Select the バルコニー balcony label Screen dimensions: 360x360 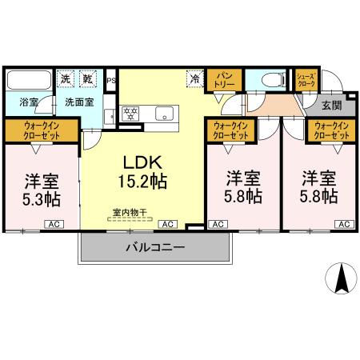tap(155, 248)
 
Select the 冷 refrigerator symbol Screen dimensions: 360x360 tap(194, 79)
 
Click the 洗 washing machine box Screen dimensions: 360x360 tap(66, 79)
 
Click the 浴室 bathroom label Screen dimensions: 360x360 tap(19, 102)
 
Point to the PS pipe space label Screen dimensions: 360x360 tap(110, 80)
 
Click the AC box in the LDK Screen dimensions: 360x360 tap(169, 225)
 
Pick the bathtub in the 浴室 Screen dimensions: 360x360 tap(29, 81)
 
